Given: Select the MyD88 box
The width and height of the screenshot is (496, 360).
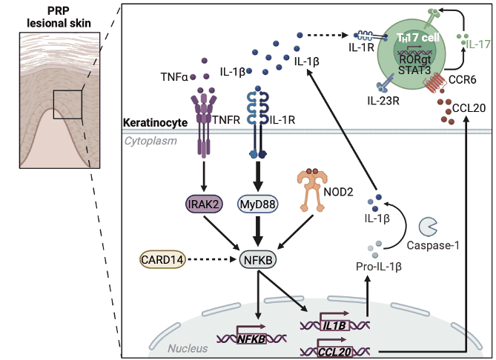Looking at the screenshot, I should click(257, 203).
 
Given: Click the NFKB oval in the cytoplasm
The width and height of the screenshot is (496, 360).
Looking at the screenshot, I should click(257, 260).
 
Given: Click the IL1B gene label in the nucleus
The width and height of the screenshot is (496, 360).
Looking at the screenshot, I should click(332, 322).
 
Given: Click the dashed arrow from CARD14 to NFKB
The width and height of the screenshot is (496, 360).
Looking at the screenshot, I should click(214, 260).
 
